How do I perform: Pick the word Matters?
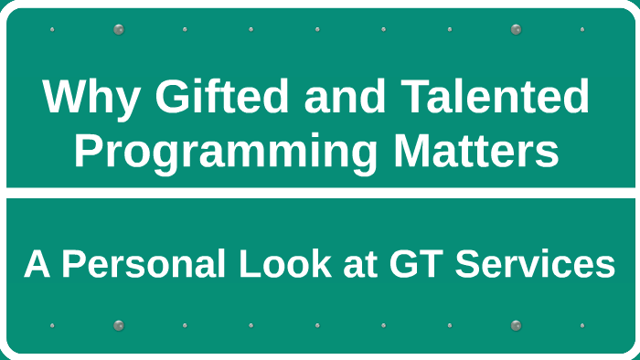(x=475, y=152)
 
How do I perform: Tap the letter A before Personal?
(x=36, y=265)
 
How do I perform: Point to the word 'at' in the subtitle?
(x=364, y=265)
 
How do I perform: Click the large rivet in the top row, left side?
(x=118, y=29)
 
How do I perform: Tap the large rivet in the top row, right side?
(x=516, y=29)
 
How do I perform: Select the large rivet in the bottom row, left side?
(x=118, y=325)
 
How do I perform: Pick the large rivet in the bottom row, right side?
(x=516, y=325)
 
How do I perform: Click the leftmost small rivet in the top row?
(x=52, y=29)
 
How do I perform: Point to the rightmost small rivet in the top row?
(x=581, y=29)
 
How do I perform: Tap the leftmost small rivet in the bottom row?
(x=52, y=325)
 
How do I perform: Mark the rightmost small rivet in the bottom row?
(x=581, y=325)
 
